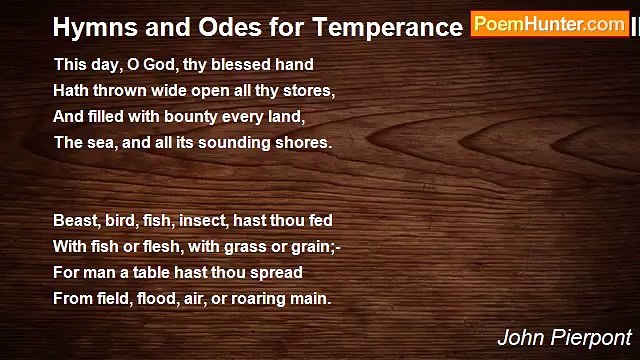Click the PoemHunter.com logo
coord(550,24)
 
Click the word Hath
coord(71,90)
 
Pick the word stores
coord(311,90)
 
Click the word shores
coord(304,142)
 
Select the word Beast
coord(76,220)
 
